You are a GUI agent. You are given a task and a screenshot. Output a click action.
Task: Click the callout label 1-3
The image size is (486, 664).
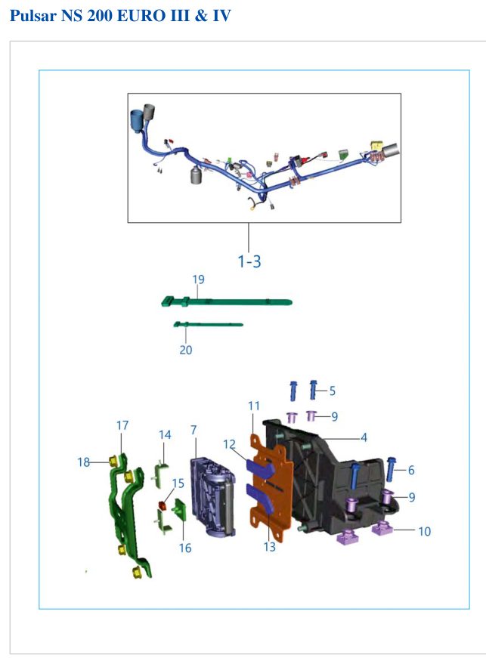[x=249, y=261]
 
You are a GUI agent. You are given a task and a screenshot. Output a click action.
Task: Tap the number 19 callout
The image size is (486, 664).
[x=198, y=279]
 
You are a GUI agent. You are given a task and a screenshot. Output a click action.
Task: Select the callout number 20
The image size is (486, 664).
[x=186, y=350]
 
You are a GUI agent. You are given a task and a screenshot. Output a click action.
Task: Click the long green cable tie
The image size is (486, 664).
[x=227, y=302]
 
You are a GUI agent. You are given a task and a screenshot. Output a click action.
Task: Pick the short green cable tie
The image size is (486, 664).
[x=208, y=325]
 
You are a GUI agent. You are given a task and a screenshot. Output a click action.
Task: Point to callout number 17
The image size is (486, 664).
[x=122, y=425]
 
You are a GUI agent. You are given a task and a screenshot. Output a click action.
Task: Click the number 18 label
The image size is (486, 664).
[x=83, y=462]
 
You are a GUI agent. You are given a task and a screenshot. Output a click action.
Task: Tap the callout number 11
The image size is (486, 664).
[x=254, y=406]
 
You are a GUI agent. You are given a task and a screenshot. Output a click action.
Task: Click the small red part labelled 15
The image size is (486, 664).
[x=162, y=505]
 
